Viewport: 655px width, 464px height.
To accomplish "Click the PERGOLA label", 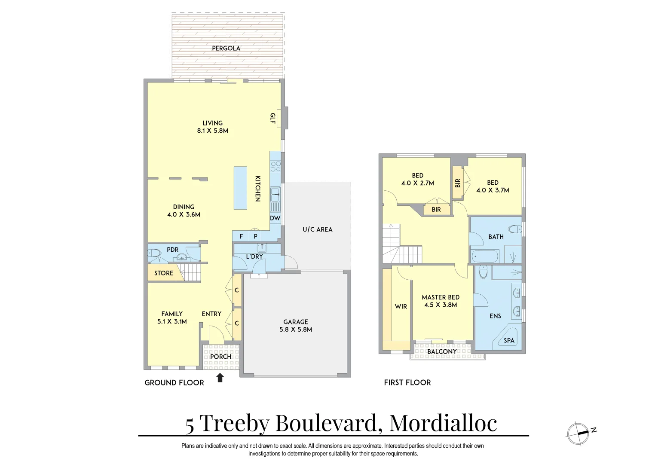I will [x=226, y=49].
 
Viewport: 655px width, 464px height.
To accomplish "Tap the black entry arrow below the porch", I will [x=220, y=378].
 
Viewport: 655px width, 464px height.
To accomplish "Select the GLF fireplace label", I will [x=272, y=118].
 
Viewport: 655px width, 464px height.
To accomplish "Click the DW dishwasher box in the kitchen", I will [x=275, y=218].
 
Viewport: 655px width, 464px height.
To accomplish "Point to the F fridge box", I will [x=241, y=236].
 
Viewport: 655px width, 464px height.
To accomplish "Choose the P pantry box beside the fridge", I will [x=255, y=236].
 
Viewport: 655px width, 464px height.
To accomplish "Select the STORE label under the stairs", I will [x=164, y=273].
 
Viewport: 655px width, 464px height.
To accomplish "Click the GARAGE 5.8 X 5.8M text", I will [x=296, y=326].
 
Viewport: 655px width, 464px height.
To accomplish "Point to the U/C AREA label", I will [x=318, y=229].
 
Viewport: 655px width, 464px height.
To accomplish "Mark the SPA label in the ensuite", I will [x=509, y=341].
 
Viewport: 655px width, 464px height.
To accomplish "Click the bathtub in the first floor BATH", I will [x=484, y=257].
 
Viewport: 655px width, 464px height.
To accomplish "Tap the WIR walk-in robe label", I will [x=401, y=307].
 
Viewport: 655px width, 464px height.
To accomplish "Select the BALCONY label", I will [x=442, y=352].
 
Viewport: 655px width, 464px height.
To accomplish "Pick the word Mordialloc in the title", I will [x=443, y=423].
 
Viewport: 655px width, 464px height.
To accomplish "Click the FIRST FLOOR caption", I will [x=407, y=382].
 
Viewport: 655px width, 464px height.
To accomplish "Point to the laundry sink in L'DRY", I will [x=262, y=248].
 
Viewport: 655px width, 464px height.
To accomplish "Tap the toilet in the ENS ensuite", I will [x=483, y=272].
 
